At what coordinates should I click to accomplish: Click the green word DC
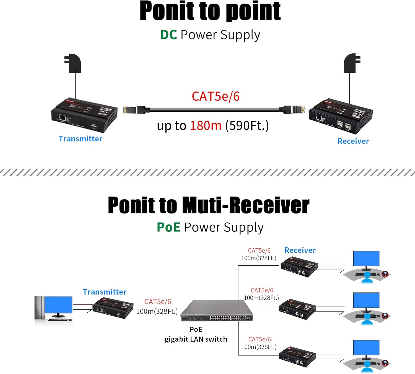click(x=169, y=35)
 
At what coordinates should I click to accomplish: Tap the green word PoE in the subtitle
click(x=168, y=227)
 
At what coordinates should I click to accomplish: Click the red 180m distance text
click(x=206, y=126)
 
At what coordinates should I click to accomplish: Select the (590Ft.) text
click(x=247, y=126)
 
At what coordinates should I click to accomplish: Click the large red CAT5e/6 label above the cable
click(x=216, y=96)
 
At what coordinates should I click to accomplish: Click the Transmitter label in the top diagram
click(x=80, y=139)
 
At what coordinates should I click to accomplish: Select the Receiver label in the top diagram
click(x=353, y=141)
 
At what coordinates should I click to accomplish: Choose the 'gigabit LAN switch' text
click(x=196, y=339)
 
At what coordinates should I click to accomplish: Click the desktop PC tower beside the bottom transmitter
click(x=39, y=311)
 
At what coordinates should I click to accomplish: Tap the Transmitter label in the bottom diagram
click(x=105, y=292)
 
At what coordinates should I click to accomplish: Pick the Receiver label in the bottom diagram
click(x=300, y=250)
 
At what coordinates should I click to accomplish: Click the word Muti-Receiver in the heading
click(x=245, y=205)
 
